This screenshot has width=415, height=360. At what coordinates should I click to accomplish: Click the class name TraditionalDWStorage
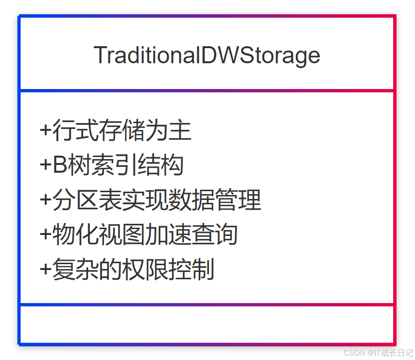click(207, 55)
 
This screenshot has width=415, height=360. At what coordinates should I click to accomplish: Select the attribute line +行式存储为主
click(116, 130)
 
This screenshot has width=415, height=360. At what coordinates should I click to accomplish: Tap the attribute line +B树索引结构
click(111, 165)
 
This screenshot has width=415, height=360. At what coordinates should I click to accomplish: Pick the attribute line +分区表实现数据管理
click(151, 200)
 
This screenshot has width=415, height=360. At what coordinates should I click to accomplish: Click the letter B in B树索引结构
click(59, 165)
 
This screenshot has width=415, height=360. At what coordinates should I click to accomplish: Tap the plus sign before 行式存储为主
click(45, 130)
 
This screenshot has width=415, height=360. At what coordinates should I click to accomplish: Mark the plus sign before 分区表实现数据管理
click(45, 200)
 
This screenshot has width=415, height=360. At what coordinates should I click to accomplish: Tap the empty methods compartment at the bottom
click(207, 324)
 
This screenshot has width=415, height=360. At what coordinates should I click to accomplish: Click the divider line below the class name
click(207, 90)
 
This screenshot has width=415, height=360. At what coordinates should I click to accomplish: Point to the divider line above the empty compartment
click(207, 305)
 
